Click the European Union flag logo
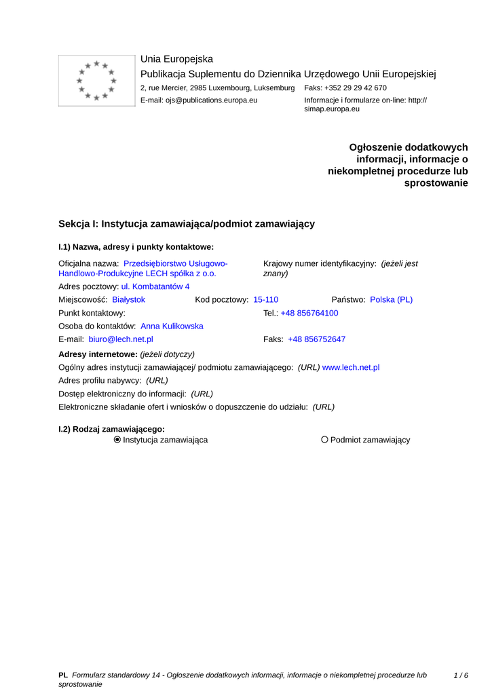pyautogui.click(x=96, y=81)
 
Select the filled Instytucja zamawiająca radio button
pyautogui.click(x=117, y=440)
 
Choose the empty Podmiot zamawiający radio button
pyautogui.click(x=324, y=440)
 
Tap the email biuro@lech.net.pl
pyautogui.click(x=121, y=339)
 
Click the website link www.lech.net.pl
pyautogui.click(x=351, y=367)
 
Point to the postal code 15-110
pyautogui.click(x=265, y=299)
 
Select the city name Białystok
pyautogui.click(x=128, y=299)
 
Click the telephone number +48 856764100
pyautogui.click(x=309, y=313)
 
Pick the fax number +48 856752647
pyautogui.click(x=316, y=339)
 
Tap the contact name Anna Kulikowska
pyautogui.click(x=172, y=326)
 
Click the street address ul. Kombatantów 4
pyautogui.click(x=155, y=286)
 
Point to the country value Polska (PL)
pyautogui.click(x=391, y=299)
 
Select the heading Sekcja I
pyautogui.click(x=187, y=223)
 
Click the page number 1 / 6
pyautogui.click(x=461, y=675)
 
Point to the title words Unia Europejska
pyautogui.click(x=176, y=59)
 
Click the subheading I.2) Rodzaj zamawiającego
pyautogui.click(x=112, y=429)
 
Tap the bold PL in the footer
pyautogui.click(x=63, y=675)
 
